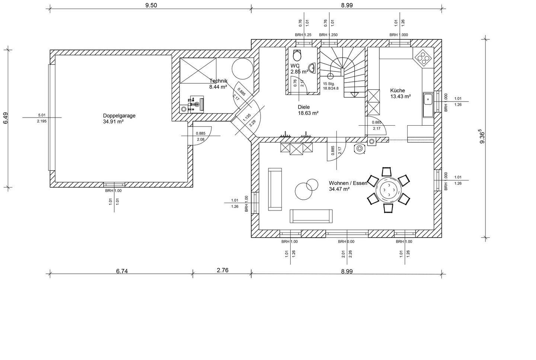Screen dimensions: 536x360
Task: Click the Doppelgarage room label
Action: point(119,116)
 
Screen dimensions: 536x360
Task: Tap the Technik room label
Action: point(218,81)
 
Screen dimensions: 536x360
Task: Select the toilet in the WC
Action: point(297,55)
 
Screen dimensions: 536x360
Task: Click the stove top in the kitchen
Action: point(423,57)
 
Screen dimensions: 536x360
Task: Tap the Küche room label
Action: point(398,91)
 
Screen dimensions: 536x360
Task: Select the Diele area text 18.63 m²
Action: point(308,113)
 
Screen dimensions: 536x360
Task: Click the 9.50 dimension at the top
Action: point(151,5)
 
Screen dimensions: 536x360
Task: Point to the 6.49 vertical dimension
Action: point(6,118)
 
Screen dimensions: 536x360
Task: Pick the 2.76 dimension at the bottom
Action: point(223,270)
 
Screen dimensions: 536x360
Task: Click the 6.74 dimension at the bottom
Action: point(122,271)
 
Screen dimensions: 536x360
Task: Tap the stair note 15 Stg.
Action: point(329,84)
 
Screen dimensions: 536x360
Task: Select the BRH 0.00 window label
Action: point(346,242)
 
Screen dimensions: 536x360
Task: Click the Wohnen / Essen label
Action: point(348,183)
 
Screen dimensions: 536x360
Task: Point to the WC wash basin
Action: point(312,68)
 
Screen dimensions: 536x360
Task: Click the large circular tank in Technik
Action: point(242,68)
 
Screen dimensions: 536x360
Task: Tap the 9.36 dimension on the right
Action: point(482,137)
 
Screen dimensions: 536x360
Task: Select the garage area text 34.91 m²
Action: point(113,122)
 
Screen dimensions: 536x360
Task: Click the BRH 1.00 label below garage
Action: point(114,191)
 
